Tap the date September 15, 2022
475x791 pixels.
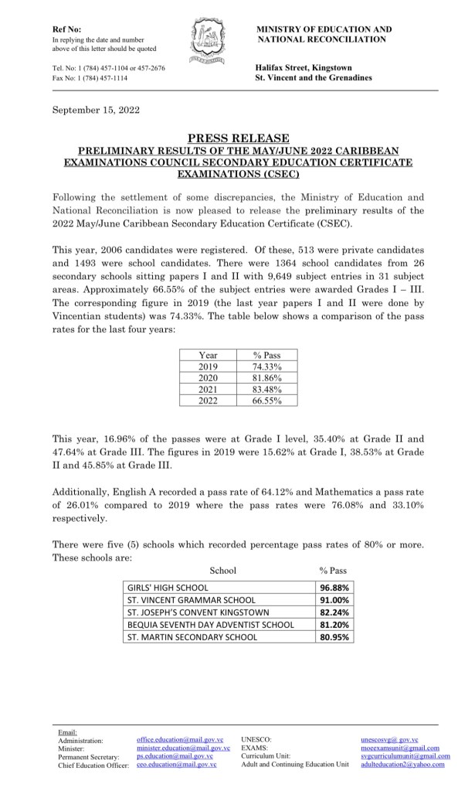tap(96, 110)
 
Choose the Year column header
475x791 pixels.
tap(209, 355)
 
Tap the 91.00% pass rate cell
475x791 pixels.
tap(334, 600)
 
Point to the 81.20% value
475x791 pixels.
tap(334, 625)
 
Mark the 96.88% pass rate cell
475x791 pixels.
tap(334, 588)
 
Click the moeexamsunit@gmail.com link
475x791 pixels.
tap(400, 748)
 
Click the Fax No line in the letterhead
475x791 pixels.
tap(90, 79)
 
